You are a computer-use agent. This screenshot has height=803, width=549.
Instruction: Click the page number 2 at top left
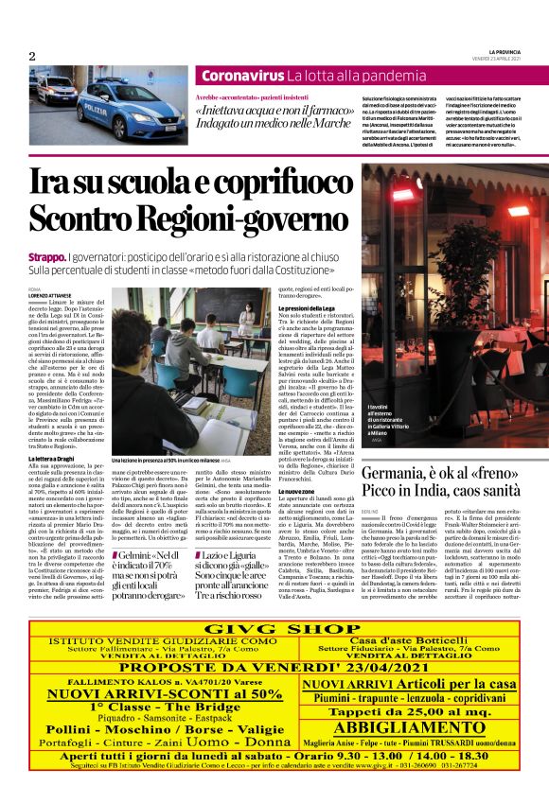tap(32, 56)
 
